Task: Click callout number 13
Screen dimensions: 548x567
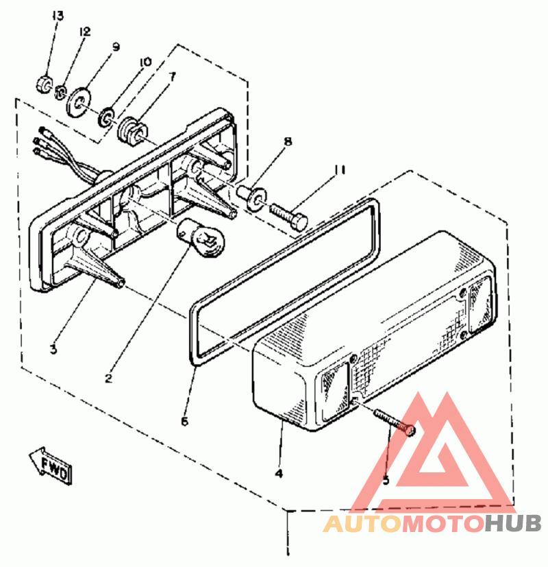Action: [x=58, y=16]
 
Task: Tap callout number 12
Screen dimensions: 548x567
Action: [x=84, y=32]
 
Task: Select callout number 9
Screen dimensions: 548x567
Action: [x=116, y=47]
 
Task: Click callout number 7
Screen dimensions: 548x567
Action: [x=171, y=76]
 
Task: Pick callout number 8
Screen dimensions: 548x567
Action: [x=288, y=142]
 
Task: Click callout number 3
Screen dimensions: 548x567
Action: [x=53, y=350]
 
